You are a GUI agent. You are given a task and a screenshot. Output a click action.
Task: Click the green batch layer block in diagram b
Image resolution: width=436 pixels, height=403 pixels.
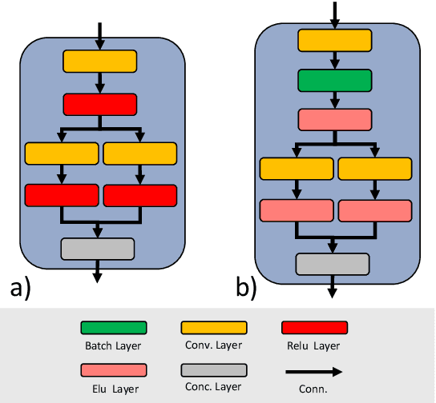[334, 81]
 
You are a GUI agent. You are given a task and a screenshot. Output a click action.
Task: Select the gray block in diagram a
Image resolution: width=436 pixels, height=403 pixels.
[98, 249]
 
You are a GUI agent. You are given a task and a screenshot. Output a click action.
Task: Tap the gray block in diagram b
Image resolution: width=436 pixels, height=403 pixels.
[333, 264]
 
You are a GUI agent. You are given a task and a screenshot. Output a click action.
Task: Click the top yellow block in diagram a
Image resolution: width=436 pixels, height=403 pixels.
[100, 61]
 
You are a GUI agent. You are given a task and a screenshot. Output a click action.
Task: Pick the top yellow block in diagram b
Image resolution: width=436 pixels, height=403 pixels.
[334, 41]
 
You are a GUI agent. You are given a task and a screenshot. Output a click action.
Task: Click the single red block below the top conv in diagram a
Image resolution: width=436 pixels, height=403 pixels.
[100, 104]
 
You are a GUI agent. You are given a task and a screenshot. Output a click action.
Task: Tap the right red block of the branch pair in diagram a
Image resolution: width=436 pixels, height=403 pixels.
[139, 195]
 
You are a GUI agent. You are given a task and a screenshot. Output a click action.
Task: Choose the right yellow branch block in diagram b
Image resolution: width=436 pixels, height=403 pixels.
[374, 169]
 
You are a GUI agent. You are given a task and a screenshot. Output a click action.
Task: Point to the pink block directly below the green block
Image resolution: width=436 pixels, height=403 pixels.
[334, 120]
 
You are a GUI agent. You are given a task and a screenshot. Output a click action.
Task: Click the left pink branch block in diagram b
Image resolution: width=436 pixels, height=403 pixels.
[297, 210]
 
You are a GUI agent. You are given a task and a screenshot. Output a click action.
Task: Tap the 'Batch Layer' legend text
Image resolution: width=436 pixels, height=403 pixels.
[113, 346]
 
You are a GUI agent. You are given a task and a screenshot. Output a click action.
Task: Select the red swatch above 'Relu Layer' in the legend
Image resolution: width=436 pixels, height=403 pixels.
[314, 328]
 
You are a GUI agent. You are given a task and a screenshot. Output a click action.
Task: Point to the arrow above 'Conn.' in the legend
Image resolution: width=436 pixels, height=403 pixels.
[314, 371]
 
